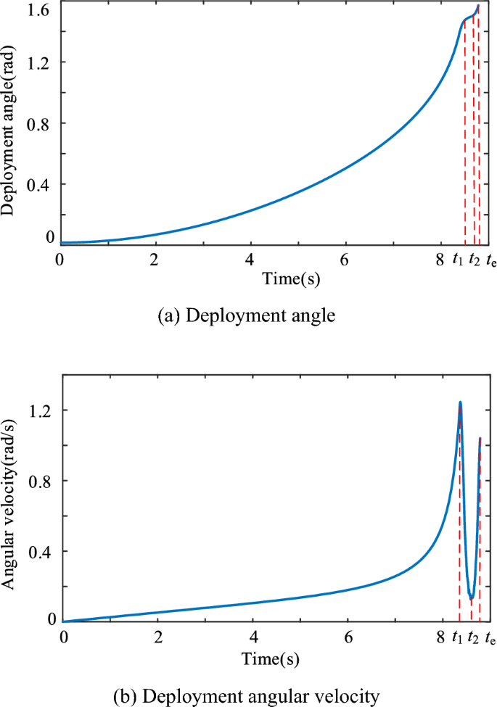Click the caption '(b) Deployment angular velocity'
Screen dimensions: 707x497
coord(247,697)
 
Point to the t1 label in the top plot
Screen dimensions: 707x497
coord(458,260)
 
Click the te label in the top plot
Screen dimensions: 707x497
coord(491,260)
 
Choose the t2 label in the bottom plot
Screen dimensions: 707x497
coord(475,639)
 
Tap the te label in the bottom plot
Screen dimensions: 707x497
coord(491,639)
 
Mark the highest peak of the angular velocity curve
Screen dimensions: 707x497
coord(460,402)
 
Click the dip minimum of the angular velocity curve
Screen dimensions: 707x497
coord(472,598)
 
